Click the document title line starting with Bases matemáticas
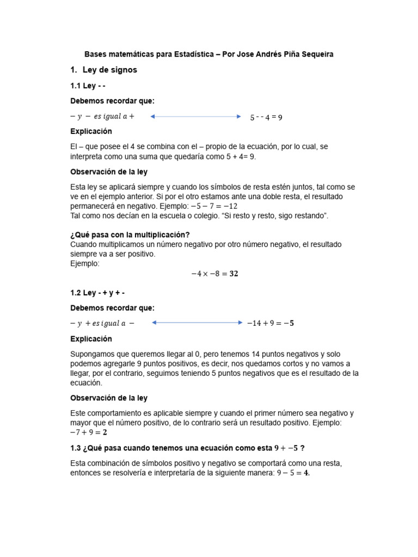(208, 54)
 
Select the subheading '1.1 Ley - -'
(88, 86)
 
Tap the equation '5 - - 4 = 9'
(266, 117)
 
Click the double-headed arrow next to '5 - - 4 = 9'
(195, 116)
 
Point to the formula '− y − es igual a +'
(102, 116)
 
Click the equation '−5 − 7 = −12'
(214, 207)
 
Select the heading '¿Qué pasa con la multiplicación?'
(130, 235)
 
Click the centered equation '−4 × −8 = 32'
(214, 274)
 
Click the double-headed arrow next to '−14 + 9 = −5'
(197, 323)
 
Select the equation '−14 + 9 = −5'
(270, 323)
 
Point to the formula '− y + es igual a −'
(102, 323)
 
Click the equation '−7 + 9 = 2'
(89, 433)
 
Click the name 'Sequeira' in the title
(317, 54)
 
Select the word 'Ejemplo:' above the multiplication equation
(85, 263)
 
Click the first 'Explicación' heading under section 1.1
(91, 132)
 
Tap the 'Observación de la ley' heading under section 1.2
(109, 398)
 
